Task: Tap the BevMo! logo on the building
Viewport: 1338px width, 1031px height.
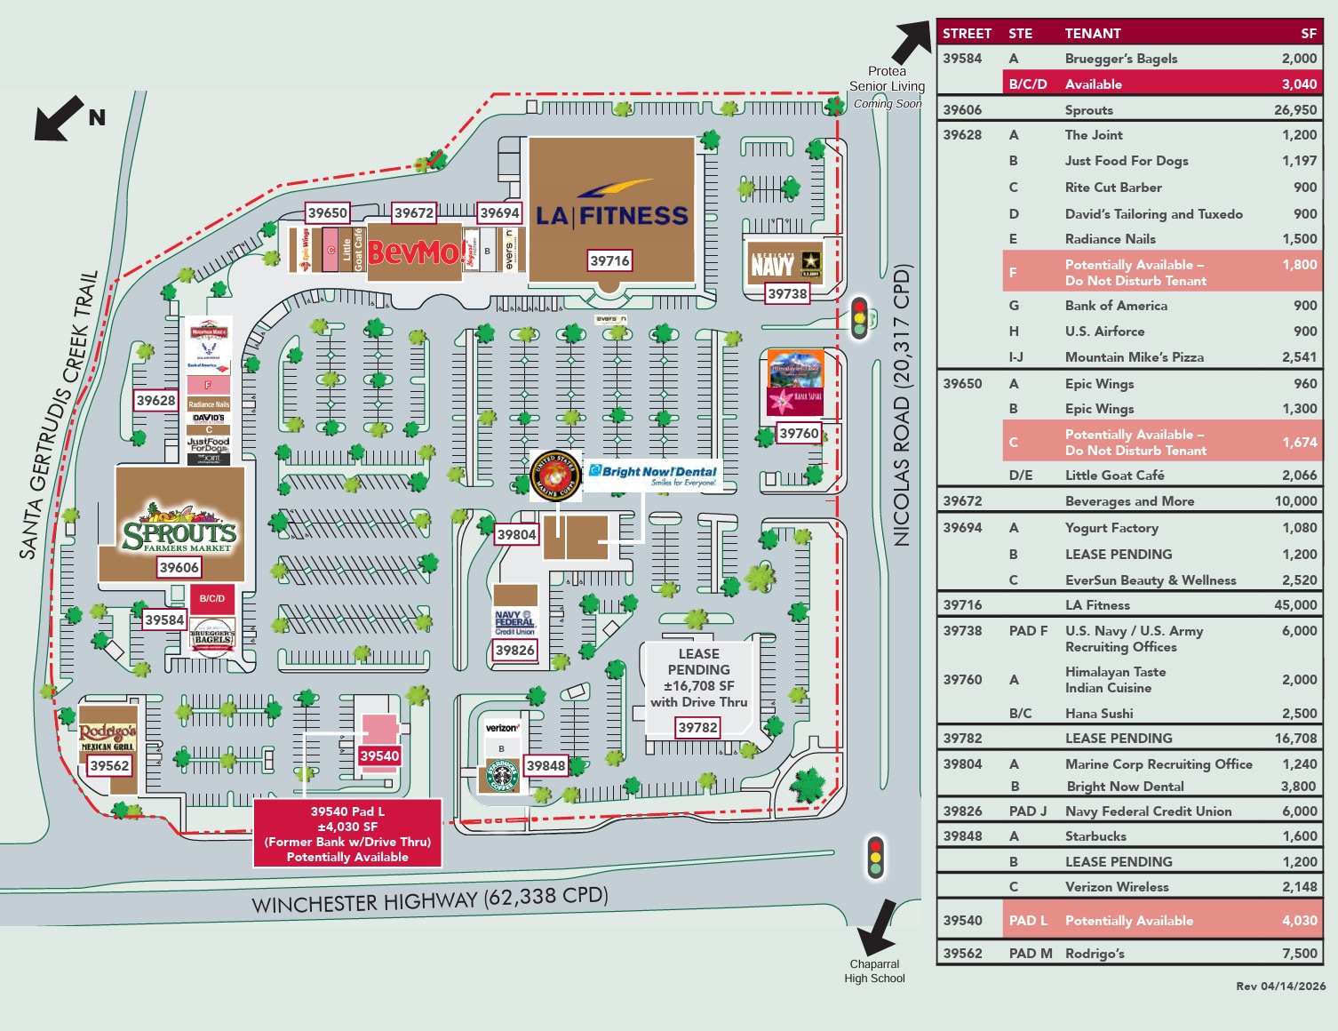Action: coord(413,252)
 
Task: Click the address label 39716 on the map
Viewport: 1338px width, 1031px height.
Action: coord(609,260)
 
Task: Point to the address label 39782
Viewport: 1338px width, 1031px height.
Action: coord(697,728)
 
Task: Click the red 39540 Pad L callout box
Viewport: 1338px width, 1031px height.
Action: coord(347,833)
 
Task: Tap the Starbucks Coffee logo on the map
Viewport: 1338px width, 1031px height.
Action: coord(502,775)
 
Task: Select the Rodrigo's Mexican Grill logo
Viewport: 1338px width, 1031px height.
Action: coord(108,736)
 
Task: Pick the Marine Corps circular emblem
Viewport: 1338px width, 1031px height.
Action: coord(555,476)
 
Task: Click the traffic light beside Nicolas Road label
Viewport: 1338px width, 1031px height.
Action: coord(859,318)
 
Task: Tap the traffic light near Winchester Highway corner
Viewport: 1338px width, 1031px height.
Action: coord(876,857)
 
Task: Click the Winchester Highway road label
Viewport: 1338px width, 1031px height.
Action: coord(430,899)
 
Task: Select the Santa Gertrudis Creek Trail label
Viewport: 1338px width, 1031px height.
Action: coord(59,414)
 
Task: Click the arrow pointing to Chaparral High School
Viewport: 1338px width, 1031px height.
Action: coord(878,928)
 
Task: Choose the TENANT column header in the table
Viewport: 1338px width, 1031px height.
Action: coord(1093,34)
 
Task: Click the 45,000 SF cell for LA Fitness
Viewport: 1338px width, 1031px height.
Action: coord(1295,605)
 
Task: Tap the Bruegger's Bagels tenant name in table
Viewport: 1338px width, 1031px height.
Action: coord(1121,59)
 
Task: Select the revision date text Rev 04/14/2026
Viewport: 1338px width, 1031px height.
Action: coord(1280,986)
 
